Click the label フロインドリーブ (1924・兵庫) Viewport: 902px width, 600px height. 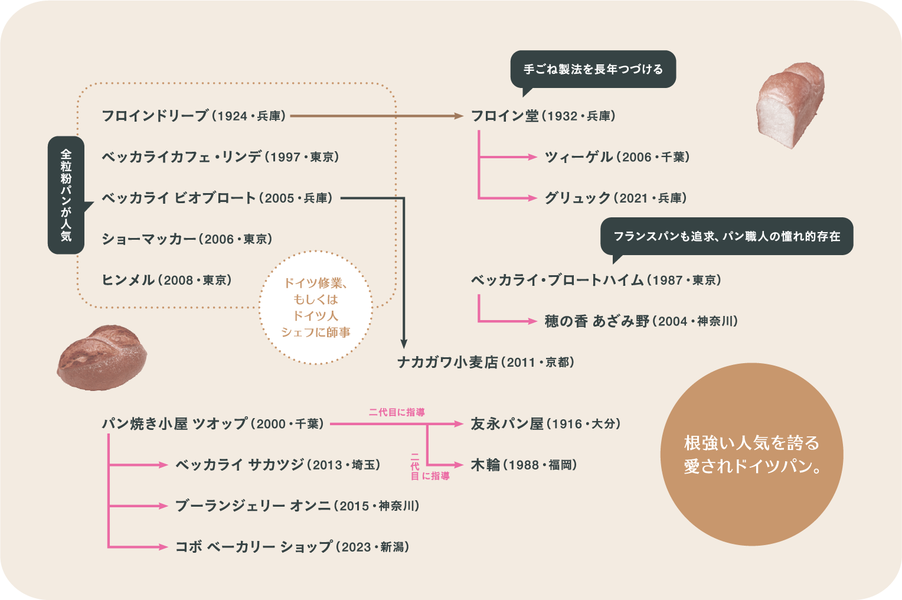(x=194, y=116)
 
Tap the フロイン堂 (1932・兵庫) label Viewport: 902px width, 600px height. (x=543, y=116)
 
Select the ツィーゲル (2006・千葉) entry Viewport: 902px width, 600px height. (x=617, y=157)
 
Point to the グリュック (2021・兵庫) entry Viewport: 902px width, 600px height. (x=616, y=198)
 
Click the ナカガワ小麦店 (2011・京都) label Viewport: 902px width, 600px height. (x=485, y=362)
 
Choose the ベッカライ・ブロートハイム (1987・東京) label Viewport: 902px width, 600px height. (x=596, y=280)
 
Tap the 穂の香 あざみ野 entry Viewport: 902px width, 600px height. (x=640, y=321)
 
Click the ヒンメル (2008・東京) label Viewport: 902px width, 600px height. (x=166, y=280)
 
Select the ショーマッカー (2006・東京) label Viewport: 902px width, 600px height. (x=187, y=239)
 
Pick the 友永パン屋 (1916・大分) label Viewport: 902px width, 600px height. (x=545, y=424)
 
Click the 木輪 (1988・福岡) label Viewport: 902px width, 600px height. (x=524, y=465)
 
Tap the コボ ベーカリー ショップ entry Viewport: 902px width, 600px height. (x=292, y=547)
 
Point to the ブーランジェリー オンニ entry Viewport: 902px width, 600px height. (x=297, y=506)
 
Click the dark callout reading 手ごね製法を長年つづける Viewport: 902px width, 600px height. (x=593, y=70)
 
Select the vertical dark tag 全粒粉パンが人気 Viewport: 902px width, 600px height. (x=66, y=195)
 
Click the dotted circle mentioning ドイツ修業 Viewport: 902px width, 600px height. (x=316, y=308)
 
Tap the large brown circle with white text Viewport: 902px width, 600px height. (x=751, y=454)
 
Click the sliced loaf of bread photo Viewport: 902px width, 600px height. (x=789, y=105)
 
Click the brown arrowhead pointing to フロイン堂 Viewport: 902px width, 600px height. (x=459, y=116)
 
